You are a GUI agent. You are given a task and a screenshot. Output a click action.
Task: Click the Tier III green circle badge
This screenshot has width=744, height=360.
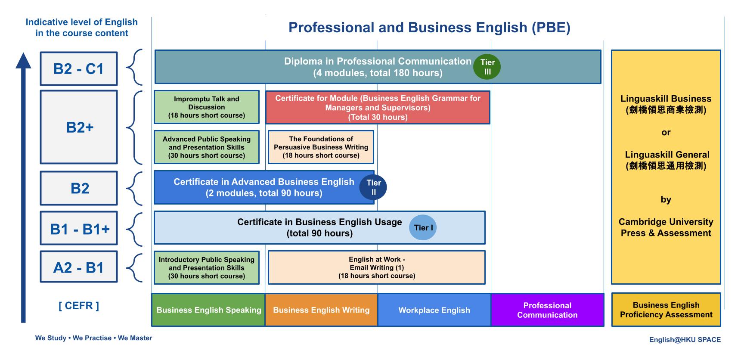pyautogui.click(x=487, y=67)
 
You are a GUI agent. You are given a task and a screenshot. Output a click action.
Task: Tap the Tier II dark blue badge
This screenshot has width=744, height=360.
pyautogui.click(x=373, y=187)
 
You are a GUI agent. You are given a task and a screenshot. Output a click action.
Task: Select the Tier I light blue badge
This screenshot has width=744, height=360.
pyautogui.click(x=423, y=227)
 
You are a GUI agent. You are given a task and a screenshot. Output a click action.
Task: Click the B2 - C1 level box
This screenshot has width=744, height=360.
pyautogui.click(x=79, y=69)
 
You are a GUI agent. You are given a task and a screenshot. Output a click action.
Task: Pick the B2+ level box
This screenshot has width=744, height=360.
pyautogui.click(x=79, y=127)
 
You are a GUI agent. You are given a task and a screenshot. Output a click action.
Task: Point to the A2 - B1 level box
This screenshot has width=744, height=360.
pyautogui.click(x=79, y=267)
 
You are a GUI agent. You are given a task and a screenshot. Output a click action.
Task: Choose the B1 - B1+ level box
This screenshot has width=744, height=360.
pyautogui.click(x=79, y=229)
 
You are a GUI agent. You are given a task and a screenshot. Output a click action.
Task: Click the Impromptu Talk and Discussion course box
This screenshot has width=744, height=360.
pyautogui.click(x=207, y=107)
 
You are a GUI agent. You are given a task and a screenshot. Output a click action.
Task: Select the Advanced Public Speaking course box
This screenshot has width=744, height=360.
pyautogui.click(x=207, y=147)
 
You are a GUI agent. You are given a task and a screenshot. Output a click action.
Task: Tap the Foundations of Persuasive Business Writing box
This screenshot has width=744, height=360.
pyautogui.click(x=321, y=147)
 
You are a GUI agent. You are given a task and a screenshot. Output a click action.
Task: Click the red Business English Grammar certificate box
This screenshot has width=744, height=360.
pyautogui.click(x=378, y=108)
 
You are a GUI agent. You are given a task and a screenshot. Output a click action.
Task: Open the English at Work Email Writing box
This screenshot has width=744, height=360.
pyautogui.click(x=377, y=267)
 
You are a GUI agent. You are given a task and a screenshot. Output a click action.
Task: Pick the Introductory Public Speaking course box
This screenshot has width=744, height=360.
pyautogui.click(x=207, y=267)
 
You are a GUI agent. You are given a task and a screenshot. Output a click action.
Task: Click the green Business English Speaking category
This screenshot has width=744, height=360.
pyautogui.click(x=209, y=310)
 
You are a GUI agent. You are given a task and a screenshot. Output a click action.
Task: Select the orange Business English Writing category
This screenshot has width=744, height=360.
pyautogui.click(x=321, y=310)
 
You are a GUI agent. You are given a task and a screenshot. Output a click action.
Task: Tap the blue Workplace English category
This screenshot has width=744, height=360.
pyautogui.click(x=434, y=310)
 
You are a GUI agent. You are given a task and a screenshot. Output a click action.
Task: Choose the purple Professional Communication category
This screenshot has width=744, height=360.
pyautogui.click(x=547, y=310)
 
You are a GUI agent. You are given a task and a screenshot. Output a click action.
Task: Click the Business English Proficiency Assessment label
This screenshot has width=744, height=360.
pyautogui.click(x=666, y=310)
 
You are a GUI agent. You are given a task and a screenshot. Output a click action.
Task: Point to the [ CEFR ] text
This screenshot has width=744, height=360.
pyautogui.click(x=79, y=306)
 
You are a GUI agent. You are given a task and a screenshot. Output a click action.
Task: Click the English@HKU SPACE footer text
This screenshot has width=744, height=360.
pyautogui.click(x=685, y=339)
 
